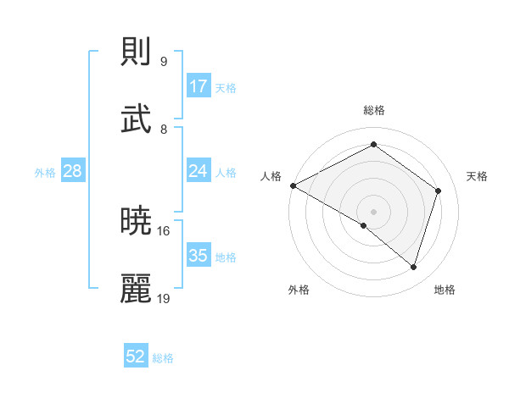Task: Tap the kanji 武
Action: [137, 119]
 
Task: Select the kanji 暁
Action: [137, 222]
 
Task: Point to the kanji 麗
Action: [137, 289]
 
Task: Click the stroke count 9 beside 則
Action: [163, 62]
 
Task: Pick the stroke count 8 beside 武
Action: [163, 129]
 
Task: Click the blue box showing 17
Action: [199, 86]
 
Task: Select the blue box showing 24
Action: [199, 171]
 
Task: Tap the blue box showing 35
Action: [199, 256]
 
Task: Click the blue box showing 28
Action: [73, 171]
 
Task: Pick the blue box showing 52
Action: [136, 357]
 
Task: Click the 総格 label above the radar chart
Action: [374, 110]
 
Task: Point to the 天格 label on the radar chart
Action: [478, 176]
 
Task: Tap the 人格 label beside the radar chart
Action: [271, 176]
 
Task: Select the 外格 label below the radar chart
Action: [299, 290]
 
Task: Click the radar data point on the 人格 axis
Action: [293, 185]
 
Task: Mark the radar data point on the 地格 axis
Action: [413, 267]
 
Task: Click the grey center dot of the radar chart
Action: [373, 211]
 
